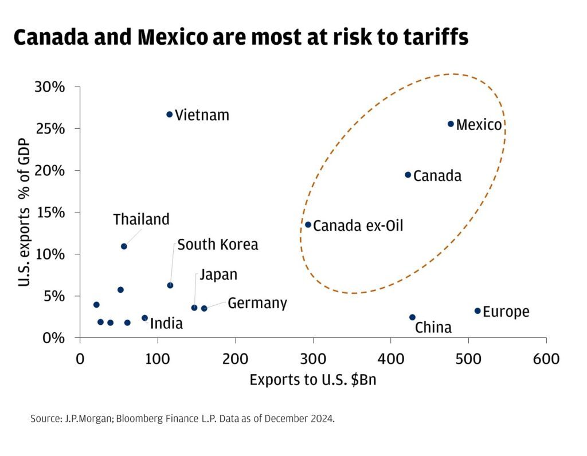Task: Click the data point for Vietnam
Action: [x=169, y=115]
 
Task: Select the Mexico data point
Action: [x=451, y=124]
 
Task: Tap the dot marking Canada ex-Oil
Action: [x=308, y=225]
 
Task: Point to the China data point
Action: [x=412, y=317]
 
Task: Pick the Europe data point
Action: [x=478, y=311]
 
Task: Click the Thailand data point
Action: [x=124, y=246]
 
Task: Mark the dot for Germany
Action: [x=204, y=308]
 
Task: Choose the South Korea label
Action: [x=217, y=245]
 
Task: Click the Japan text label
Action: [x=218, y=275]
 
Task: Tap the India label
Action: [x=166, y=324]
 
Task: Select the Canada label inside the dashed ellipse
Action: [x=437, y=176]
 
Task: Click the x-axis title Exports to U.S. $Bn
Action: [x=313, y=380]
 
